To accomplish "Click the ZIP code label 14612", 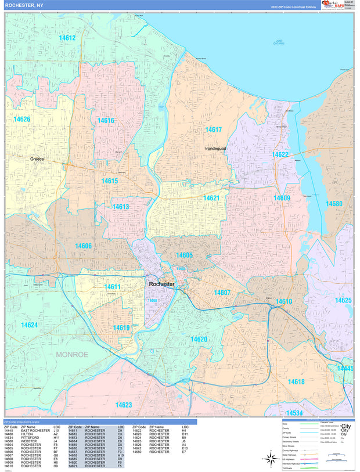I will (x=67, y=38).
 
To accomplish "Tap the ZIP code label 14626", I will (x=21, y=119).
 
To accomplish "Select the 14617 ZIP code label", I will (x=213, y=130).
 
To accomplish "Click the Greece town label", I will (x=37, y=158).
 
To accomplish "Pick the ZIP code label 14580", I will (x=334, y=204).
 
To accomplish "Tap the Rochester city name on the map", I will (x=161, y=284).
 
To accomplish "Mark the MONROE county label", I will (x=72, y=354).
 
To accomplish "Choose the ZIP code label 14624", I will (x=29, y=325).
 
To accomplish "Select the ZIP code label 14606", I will (x=83, y=246).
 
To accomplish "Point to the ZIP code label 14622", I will (x=280, y=154).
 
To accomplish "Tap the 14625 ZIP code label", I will (x=343, y=300).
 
